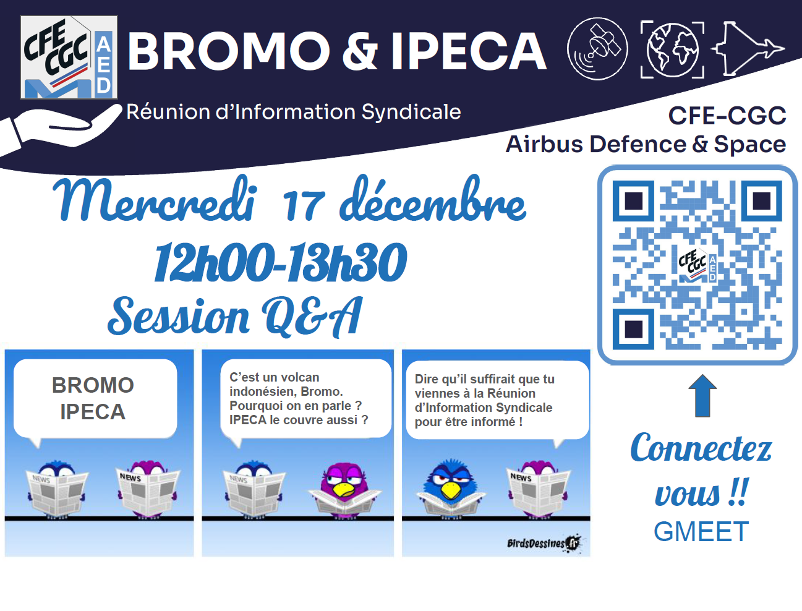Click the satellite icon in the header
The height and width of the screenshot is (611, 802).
click(597, 49)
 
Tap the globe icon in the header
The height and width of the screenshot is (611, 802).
click(672, 49)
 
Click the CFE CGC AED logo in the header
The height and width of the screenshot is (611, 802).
click(69, 57)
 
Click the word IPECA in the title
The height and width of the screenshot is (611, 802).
click(469, 51)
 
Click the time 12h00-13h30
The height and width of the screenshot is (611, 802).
click(280, 262)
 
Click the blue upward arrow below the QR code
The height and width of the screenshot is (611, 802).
click(702, 395)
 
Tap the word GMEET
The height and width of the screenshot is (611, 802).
click(701, 532)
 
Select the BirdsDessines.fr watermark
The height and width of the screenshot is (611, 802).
click(544, 544)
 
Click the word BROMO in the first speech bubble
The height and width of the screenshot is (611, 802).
click(93, 385)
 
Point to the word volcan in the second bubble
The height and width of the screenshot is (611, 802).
click(299, 377)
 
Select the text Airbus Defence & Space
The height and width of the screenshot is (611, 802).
click(646, 144)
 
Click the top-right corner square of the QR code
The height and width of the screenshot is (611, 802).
click(761, 200)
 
